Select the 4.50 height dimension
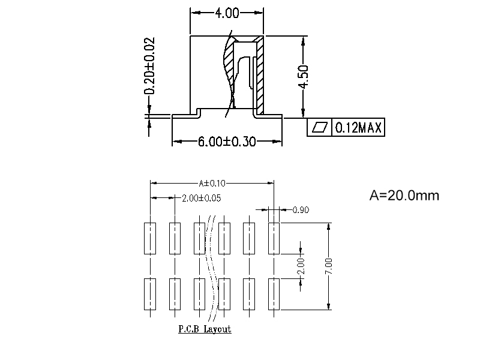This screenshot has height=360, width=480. click(x=304, y=77)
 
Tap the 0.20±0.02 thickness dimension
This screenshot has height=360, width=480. click(x=150, y=66)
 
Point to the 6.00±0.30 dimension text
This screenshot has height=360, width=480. click(x=227, y=142)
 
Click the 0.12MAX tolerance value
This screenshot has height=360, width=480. click(x=358, y=128)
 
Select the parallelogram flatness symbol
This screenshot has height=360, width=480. click(x=320, y=128)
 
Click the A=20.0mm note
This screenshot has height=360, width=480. click(x=404, y=196)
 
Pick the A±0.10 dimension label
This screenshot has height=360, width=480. click(x=212, y=183)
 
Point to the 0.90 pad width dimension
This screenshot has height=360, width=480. click(x=301, y=210)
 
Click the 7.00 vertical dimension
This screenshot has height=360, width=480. click(x=329, y=266)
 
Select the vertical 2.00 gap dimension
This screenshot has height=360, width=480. click(x=301, y=266)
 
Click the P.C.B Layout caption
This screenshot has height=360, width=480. click(x=205, y=329)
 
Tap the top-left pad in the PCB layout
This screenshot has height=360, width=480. click(x=150, y=238)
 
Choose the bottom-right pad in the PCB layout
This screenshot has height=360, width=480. click(x=274, y=294)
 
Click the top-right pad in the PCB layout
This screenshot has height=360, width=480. click(x=274, y=238)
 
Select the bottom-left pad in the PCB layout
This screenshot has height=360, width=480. click(x=150, y=294)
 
